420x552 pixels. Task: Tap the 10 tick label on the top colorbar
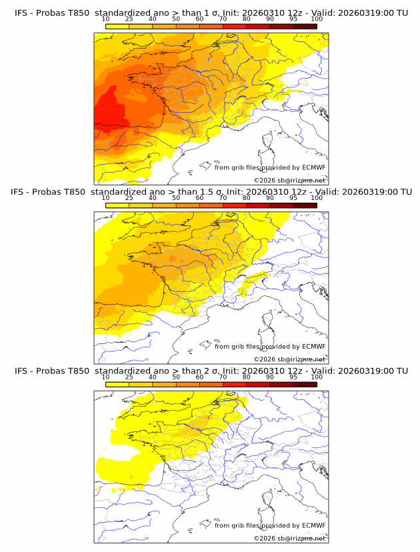point(105,19)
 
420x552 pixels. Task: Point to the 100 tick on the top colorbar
point(317,19)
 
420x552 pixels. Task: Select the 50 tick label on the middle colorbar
point(176,198)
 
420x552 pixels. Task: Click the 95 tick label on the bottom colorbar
point(293,377)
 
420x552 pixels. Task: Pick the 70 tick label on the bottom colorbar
point(223,377)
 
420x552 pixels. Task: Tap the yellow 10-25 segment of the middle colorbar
point(117,205)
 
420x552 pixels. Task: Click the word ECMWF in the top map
point(313,168)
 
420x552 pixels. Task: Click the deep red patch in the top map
point(110,113)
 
